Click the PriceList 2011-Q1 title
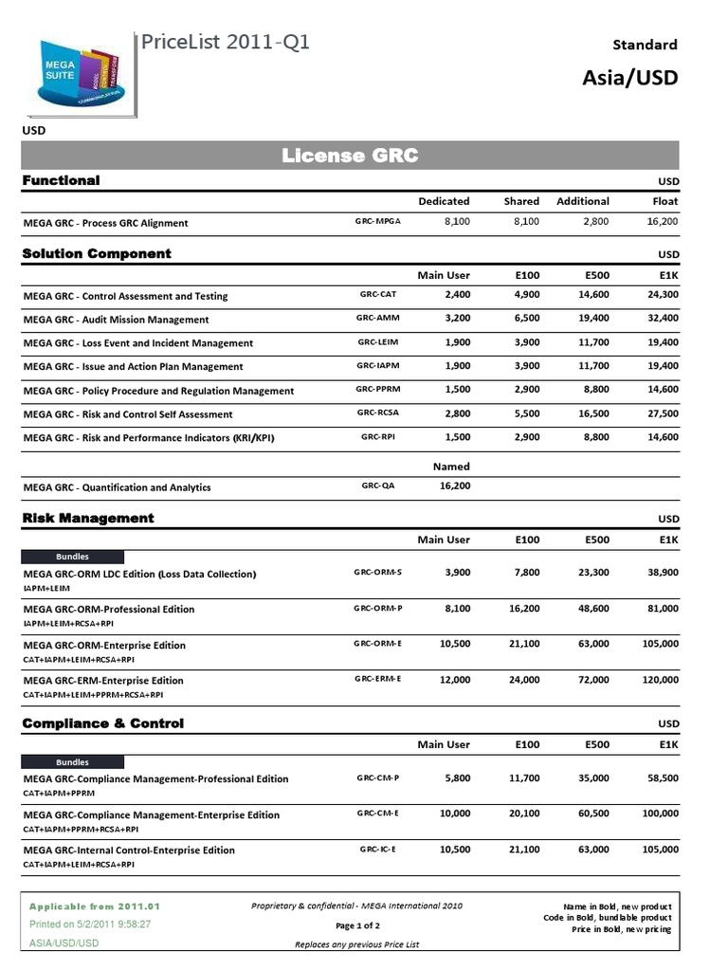pos(226,43)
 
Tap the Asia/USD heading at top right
pos(629,77)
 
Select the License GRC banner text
pos(350,156)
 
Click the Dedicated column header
pos(444,201)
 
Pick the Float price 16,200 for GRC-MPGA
pos(662,221)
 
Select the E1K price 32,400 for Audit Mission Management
pos(660,319)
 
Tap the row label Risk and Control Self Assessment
pos(127,414)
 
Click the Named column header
pos(450,467)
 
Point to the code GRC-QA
pos(378,485)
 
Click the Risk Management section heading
pos(87,518)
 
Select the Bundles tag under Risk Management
pos(73,557)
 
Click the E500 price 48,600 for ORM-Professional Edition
pos(593,609)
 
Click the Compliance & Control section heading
pos(102,724)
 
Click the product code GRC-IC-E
pos(378,849)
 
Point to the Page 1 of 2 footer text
pos(357,925)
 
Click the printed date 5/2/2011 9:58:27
pos(90,924)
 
